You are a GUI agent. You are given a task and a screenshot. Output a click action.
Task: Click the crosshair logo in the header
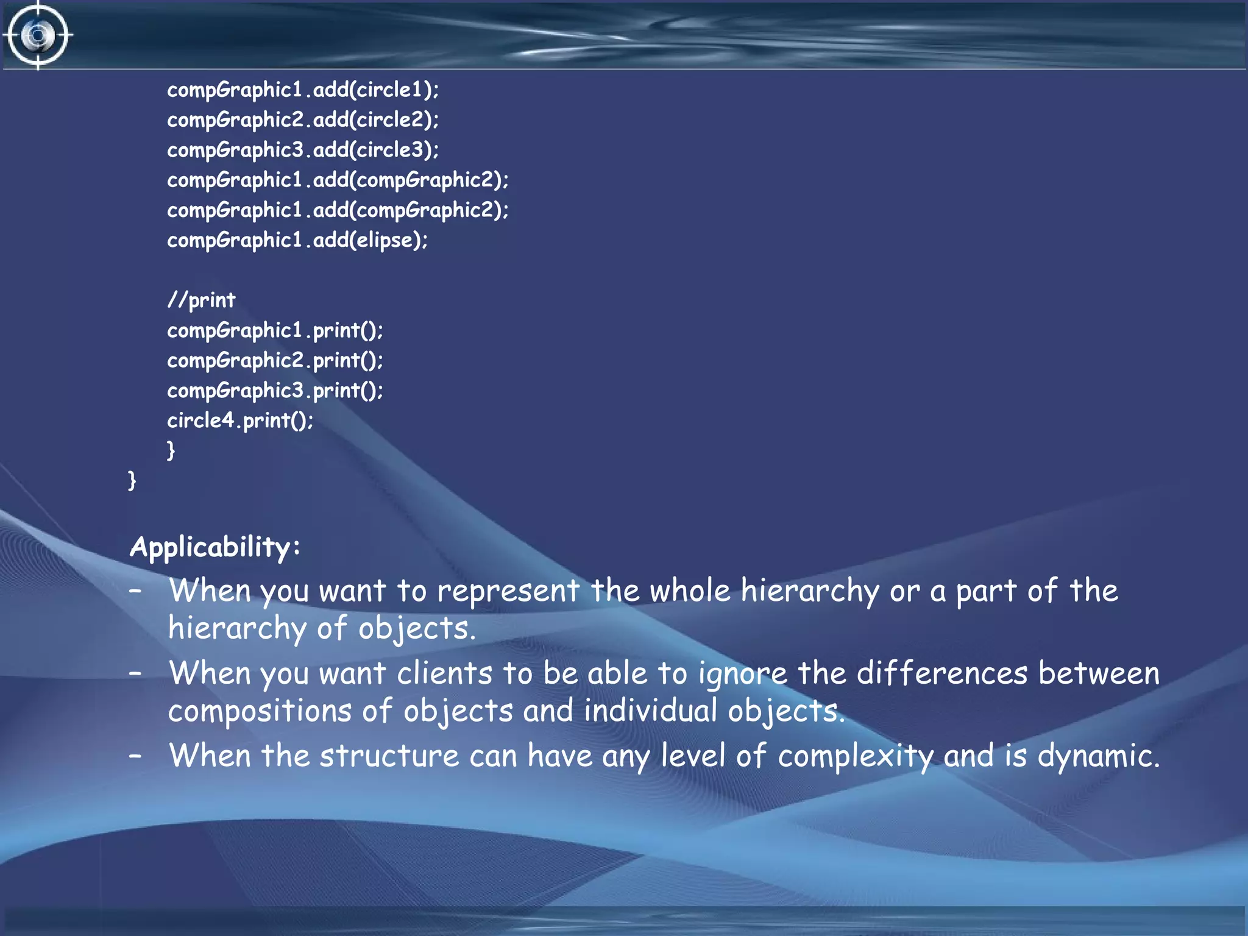pos(38,35)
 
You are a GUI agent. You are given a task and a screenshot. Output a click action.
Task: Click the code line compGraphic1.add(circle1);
pos(303,90)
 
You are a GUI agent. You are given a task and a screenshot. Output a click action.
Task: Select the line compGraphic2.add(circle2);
pos(303,120)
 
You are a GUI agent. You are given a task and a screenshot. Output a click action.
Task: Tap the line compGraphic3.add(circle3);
pos(303,150)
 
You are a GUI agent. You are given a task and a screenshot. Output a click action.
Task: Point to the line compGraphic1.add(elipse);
pos(297,240)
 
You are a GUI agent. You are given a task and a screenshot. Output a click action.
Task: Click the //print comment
pos(201,300)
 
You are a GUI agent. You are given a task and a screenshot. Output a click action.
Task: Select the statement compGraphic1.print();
pos(275,330)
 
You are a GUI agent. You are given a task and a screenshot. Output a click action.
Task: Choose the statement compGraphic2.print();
pos(275,360)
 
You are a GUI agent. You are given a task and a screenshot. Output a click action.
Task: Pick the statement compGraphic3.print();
pos(275,390)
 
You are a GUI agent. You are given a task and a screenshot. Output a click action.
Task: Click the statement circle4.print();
pos(240,420)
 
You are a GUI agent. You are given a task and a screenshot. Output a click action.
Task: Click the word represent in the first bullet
pos(508,591)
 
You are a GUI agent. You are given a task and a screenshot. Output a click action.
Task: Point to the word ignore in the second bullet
pos(743,674)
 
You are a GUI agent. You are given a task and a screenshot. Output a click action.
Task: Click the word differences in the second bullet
pos(942,673)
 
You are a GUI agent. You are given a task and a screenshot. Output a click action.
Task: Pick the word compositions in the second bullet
pos(260,712)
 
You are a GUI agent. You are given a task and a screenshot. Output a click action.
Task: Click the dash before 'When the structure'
pos(135,756)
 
